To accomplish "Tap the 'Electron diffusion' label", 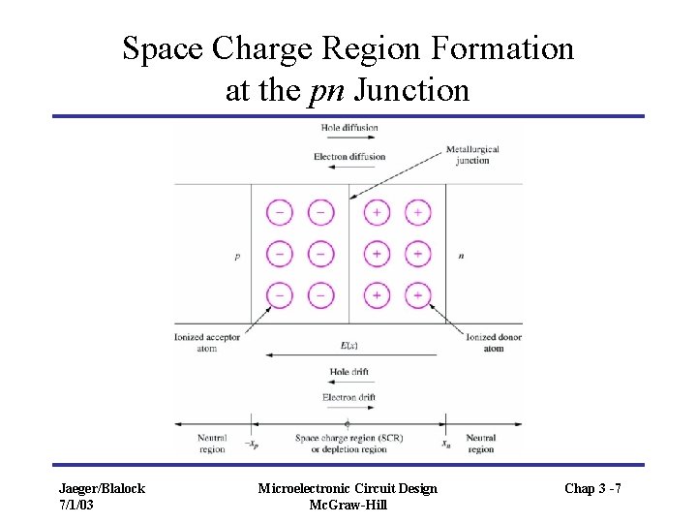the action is point(349,157).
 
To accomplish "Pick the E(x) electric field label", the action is point(347,345).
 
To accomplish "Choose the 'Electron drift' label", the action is point(348,397).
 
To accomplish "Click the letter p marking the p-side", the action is point(236,257).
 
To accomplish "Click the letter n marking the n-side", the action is point(460,257).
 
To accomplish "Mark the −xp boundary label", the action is point(250,445).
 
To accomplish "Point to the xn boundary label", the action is point(446,445).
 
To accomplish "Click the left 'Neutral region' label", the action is point(211,444).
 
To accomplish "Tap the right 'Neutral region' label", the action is point(481,444).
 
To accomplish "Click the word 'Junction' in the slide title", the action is point(412,91).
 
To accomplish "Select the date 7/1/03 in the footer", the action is point(76,505).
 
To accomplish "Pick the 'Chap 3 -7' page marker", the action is point(592,488).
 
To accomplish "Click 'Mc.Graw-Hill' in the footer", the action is point(348,505).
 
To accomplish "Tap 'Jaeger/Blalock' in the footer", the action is point(102,488).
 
